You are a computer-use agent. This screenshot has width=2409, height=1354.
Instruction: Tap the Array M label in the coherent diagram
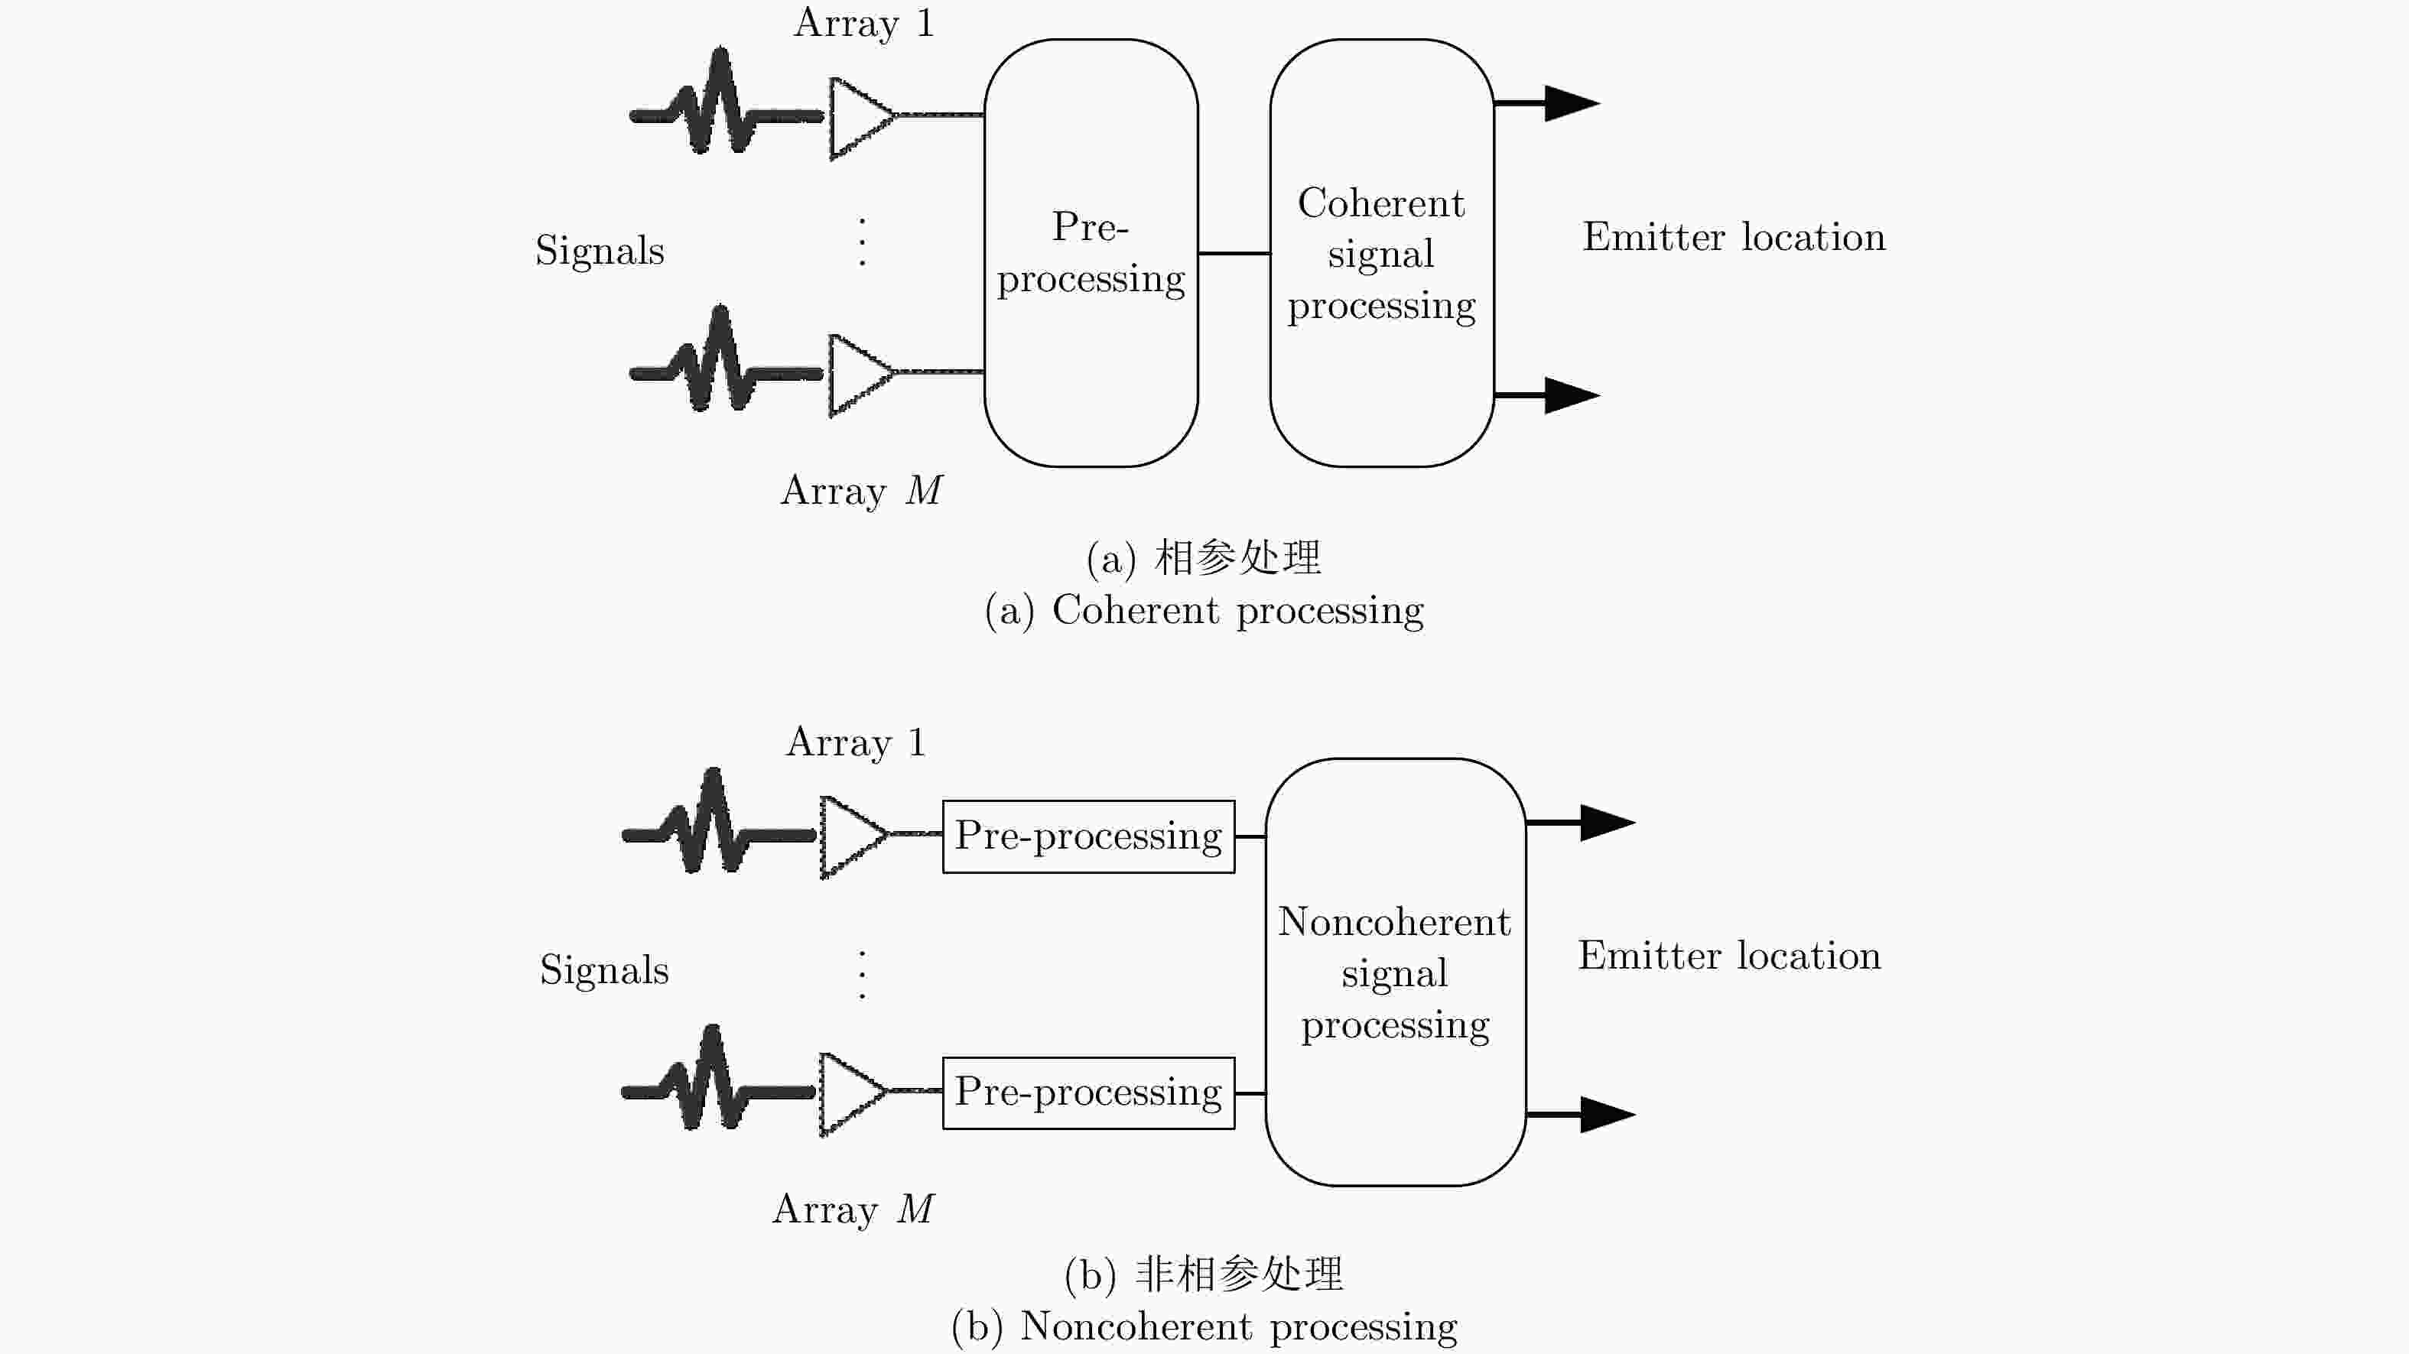coord(861,491)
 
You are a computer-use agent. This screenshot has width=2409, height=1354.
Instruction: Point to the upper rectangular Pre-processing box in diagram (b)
coord(1088,836)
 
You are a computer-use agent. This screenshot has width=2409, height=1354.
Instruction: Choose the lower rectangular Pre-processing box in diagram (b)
coord(1088,1093)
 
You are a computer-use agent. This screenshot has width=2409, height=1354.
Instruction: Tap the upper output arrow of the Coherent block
coord(1548,103)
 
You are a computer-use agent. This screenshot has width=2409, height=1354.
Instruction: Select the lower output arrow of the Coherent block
coord(1548,395)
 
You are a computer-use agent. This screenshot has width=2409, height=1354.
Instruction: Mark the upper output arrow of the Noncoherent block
coord(1582,822)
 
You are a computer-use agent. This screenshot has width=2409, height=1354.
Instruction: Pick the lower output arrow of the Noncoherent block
coord(1582,1114)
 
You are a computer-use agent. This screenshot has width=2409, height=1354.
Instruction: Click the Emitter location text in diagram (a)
coord(1734,236)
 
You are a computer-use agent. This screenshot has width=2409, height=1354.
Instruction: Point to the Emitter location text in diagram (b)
coord(1729,956)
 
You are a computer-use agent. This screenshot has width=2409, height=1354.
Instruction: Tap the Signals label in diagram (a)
coord(600,251)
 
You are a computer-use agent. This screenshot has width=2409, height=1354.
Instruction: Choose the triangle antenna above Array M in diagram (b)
coord(853,1093)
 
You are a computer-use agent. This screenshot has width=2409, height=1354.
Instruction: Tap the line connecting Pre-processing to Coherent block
coord(1234,252)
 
